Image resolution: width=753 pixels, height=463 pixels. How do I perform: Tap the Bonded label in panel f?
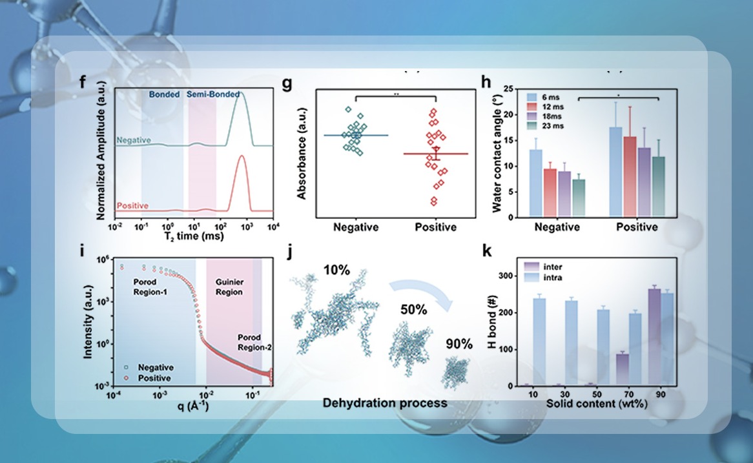click(164, 94)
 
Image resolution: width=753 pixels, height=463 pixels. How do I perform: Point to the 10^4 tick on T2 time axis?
click(274, 227)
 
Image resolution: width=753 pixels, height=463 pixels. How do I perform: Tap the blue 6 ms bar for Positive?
click(616, 172)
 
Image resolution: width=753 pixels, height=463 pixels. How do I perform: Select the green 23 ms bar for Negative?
click(579, 198)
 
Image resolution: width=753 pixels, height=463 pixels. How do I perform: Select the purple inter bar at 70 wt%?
click(604, 369)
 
